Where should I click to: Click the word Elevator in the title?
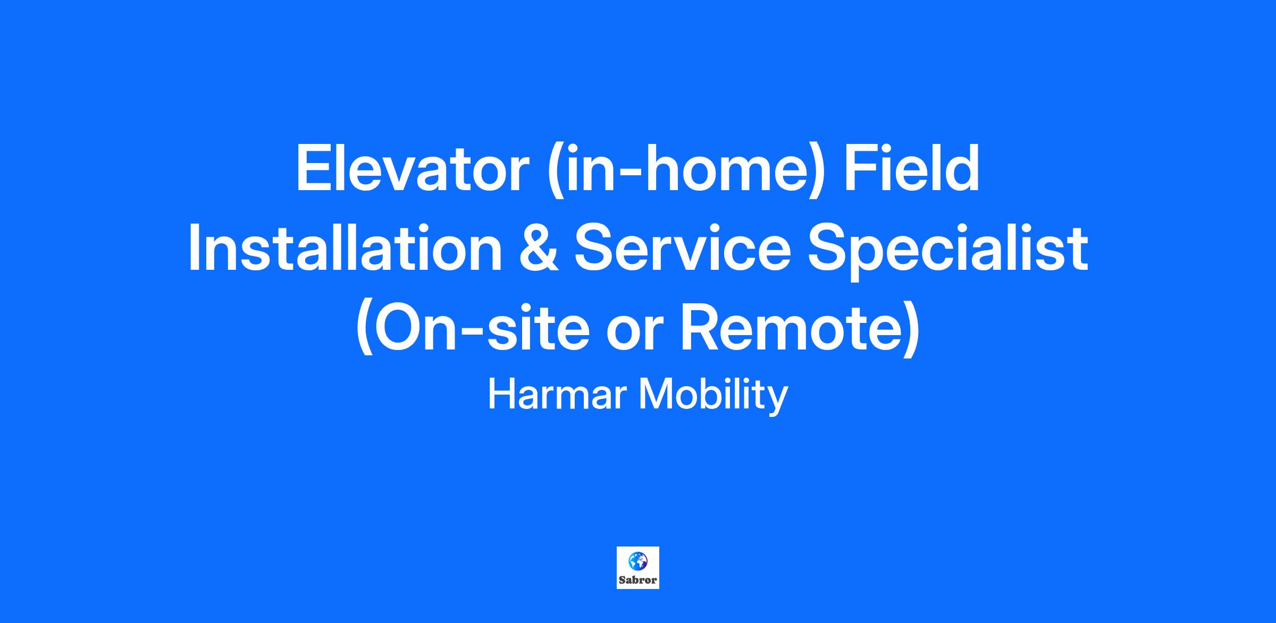tap(413, 168)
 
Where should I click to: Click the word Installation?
tap(345, 248)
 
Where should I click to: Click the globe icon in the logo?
tap(637, 560)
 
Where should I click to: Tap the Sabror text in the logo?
tap(637, 580)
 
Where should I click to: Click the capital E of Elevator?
tap(314, 168)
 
